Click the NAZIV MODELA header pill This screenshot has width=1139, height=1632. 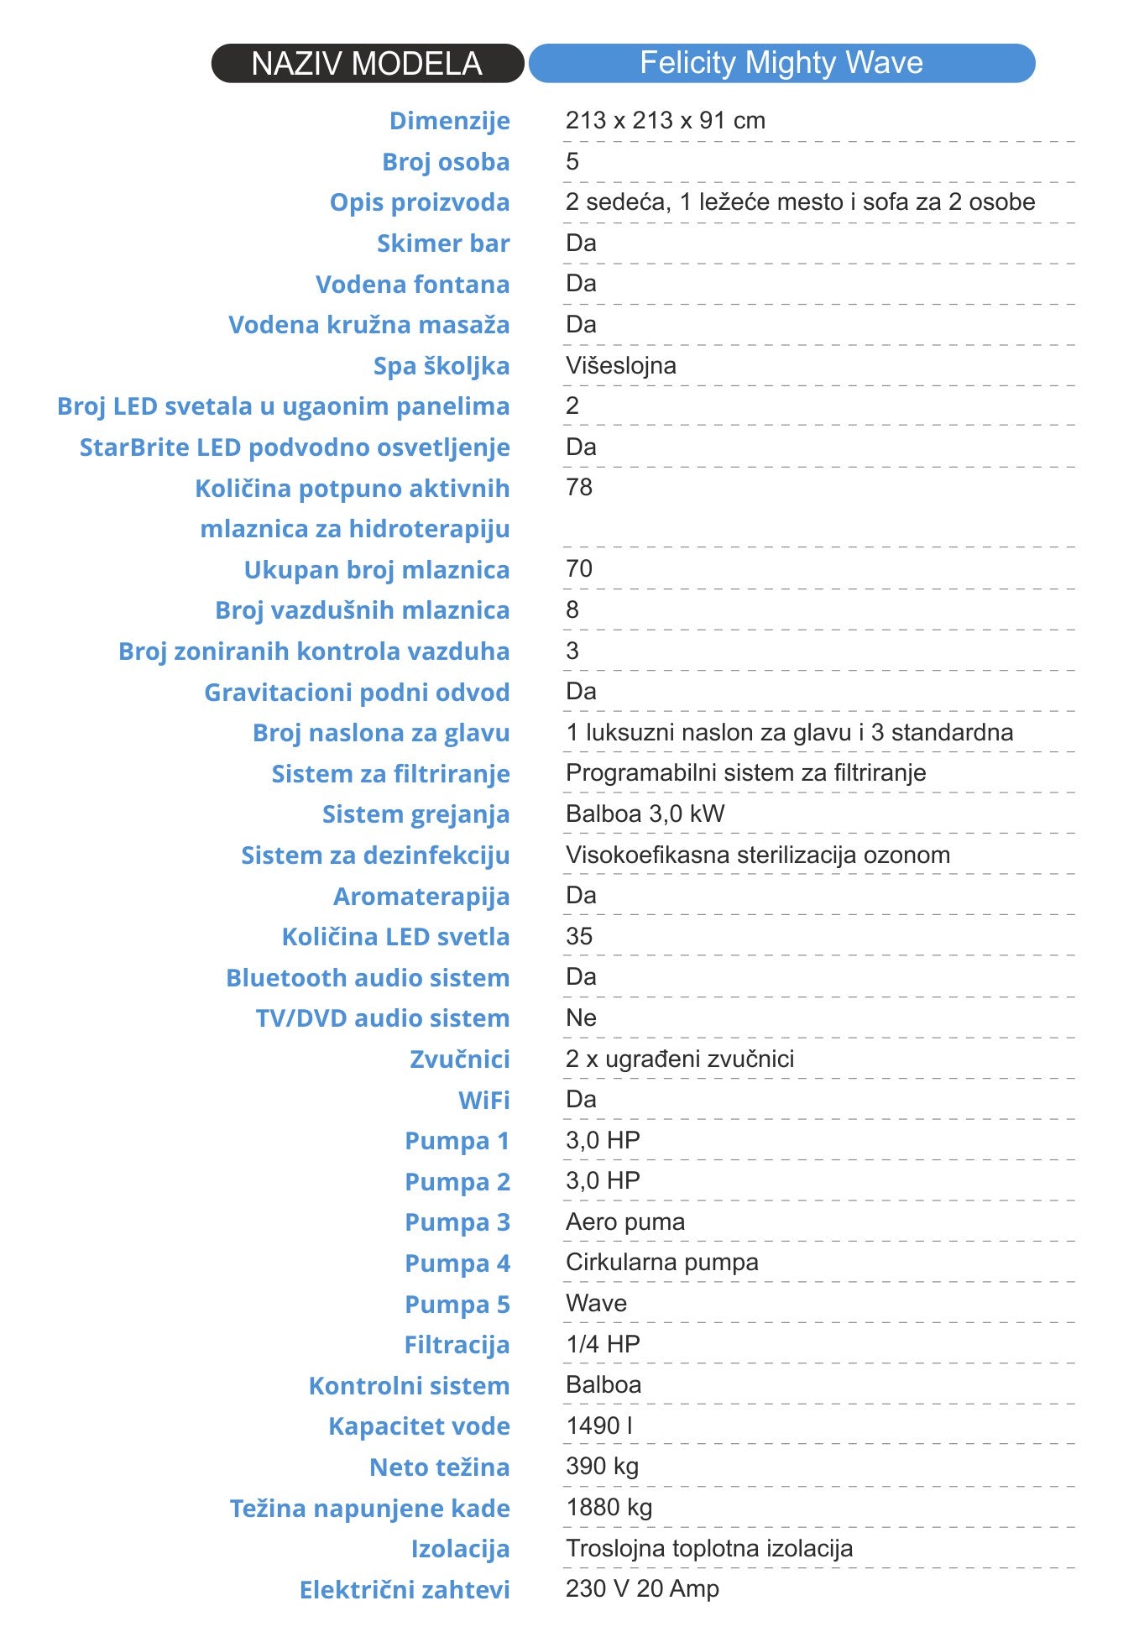pos(367,64)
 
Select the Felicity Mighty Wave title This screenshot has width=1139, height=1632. pos(781,63)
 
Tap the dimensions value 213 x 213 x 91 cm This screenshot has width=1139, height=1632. pos(665,120)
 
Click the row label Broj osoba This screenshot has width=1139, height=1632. pos(446,161)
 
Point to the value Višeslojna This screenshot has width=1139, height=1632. pos(620,365)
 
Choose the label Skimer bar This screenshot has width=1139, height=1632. pos(442,243)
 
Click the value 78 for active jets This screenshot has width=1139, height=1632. pos(579,487)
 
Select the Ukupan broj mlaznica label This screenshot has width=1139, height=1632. pos(377,569)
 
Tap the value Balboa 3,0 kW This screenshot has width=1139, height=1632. pos(645,813)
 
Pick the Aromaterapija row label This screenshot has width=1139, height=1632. pos(421,896)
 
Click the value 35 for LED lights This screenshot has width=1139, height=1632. pos(579,936)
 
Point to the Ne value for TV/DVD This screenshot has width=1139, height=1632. pos(581,1017)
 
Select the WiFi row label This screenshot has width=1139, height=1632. pos(483,1100)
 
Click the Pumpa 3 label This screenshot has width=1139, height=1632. pos(457,1222)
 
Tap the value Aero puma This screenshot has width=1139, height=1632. pos(624,1221)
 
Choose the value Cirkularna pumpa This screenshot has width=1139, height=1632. pos(661,1262)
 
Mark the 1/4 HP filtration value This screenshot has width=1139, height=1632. pos(603,1344)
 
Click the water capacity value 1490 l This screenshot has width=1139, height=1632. pos(598,1425)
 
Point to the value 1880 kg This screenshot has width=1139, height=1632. pos(609,1507)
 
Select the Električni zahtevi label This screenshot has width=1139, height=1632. pos(405,1589)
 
